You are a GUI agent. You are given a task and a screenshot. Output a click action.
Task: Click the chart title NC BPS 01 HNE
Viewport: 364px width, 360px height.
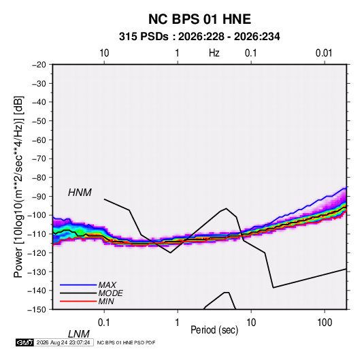pyautogui.click(x=199, y=19)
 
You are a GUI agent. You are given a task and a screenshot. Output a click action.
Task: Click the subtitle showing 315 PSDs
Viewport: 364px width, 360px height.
pyautogui.click(x=199, y=37)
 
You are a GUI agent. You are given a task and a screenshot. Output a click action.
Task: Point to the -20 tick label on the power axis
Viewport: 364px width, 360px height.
pyautogui.click(x=39, y=65)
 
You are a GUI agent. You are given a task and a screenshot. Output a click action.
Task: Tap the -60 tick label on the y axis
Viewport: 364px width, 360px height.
pyautogui.click(x=39, y=140)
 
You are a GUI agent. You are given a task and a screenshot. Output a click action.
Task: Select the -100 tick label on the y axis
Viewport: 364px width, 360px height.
pyautogui.click(x=37, y=215)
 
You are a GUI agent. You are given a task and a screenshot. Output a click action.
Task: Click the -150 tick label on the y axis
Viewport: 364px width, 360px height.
pyautogui.click(x=37, y=310)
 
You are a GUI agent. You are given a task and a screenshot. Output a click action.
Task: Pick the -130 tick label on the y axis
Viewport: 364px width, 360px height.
pyautogui.click(x=37, y=272)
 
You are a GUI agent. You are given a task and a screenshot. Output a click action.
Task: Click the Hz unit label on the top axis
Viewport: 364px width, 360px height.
pyautogui.click(x=214, y=53)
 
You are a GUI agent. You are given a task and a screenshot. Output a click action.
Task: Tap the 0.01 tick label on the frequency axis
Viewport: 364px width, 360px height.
pyautogui.click(x=324, y=53)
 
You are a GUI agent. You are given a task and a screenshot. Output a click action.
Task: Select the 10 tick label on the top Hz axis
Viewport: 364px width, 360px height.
pyautogui.click(x=104, y=53)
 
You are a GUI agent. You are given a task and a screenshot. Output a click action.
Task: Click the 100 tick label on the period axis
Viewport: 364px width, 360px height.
pyautogui.click(x=325, y=323)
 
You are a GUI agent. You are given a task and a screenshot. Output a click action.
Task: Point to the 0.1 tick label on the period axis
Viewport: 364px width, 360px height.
pyautogui.click(x=104, y=323)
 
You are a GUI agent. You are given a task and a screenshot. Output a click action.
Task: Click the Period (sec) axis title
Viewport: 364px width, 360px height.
pyautogui.click(x=214, y=330)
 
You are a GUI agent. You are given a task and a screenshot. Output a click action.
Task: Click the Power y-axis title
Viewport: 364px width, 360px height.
pyautogui.click(x=18, y=187)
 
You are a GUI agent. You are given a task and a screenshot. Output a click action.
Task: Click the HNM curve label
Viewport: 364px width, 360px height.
pyautogui.click(x=80, y=193)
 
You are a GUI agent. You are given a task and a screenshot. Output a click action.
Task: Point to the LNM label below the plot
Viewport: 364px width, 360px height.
pyautogui.click(x=79, y=334)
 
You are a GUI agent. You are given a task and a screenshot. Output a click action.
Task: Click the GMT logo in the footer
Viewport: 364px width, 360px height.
pyautogui.click(x=25, y=342)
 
